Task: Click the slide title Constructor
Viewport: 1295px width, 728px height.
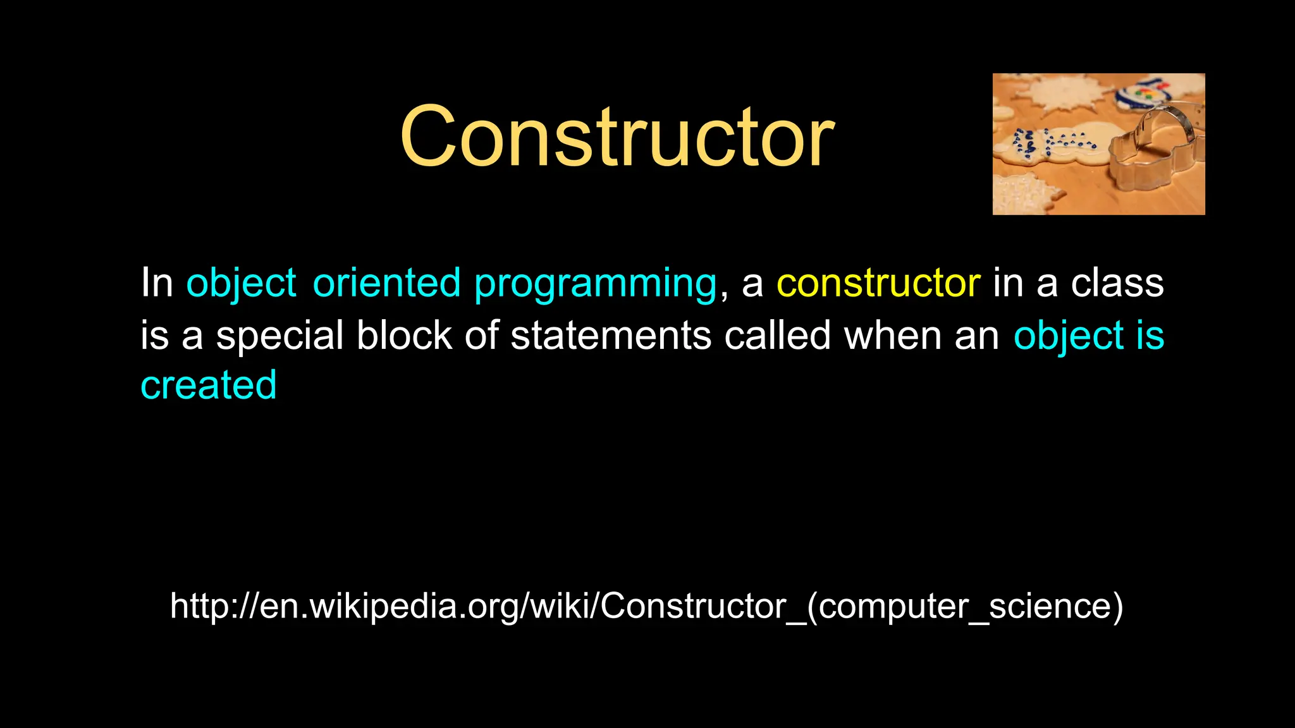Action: click(617, 137)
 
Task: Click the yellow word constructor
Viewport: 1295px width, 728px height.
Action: click(878, 282)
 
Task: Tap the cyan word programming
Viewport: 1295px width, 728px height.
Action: click(595, 284)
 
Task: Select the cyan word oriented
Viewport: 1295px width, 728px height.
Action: click(386, 282)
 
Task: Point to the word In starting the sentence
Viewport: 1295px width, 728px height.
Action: click(156, 282)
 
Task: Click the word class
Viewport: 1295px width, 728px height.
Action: click(1117, 282)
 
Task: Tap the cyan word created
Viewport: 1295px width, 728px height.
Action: click(208, 385)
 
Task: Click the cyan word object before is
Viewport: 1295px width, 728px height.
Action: click(1068, 336)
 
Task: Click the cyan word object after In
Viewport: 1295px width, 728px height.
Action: click(241, 284)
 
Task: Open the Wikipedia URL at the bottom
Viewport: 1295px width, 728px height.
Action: click(646, 606)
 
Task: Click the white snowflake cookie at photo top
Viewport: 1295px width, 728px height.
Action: click(1063, 92)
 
